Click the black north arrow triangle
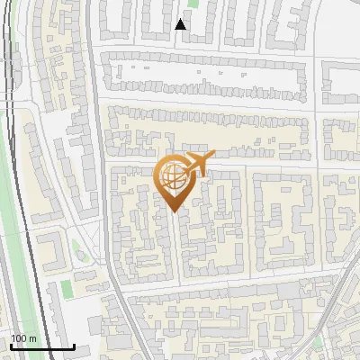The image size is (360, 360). tap(181, 24)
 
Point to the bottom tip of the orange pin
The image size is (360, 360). tap(173, 212)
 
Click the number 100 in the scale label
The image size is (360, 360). tap(20, 338)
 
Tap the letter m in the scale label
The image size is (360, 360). tap(33, 338)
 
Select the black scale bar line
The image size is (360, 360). tap(41, 346)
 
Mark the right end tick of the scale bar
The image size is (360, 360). tap(75, 346)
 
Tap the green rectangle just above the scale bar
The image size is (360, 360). tap(66, 290)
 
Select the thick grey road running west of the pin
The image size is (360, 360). tap(103, 180)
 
